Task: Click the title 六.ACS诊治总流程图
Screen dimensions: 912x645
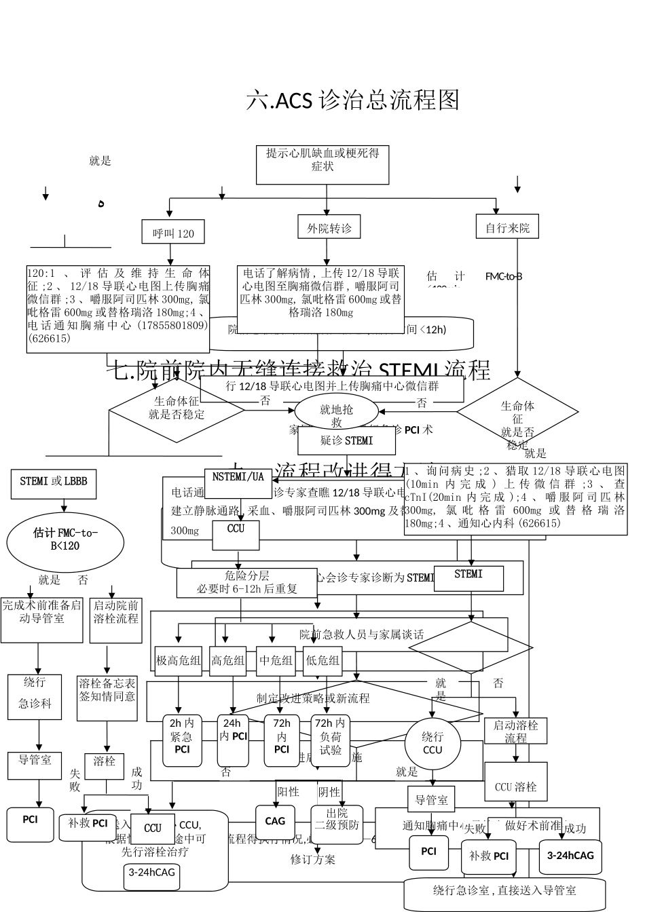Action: (x=352, y=100)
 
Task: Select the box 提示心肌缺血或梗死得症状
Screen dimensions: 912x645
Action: (x=322, y=165)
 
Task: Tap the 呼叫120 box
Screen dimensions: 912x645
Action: (x=173, y=233)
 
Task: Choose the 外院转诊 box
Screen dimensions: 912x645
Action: (x=329, y=228)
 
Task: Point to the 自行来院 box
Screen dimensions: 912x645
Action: (x=507, y=228)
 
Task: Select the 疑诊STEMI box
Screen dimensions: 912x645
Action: (x=346, y=441)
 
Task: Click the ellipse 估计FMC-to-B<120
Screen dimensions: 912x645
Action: (x=65, y=541)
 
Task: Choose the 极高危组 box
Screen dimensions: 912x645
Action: (x=179, y=660)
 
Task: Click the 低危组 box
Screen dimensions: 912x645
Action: (x=322, y=660)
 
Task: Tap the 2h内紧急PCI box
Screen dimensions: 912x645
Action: (x=182, y=740)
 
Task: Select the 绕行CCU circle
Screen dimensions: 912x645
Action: (x=432, y=743)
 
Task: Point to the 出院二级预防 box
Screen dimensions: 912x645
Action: (x=337, y=824)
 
